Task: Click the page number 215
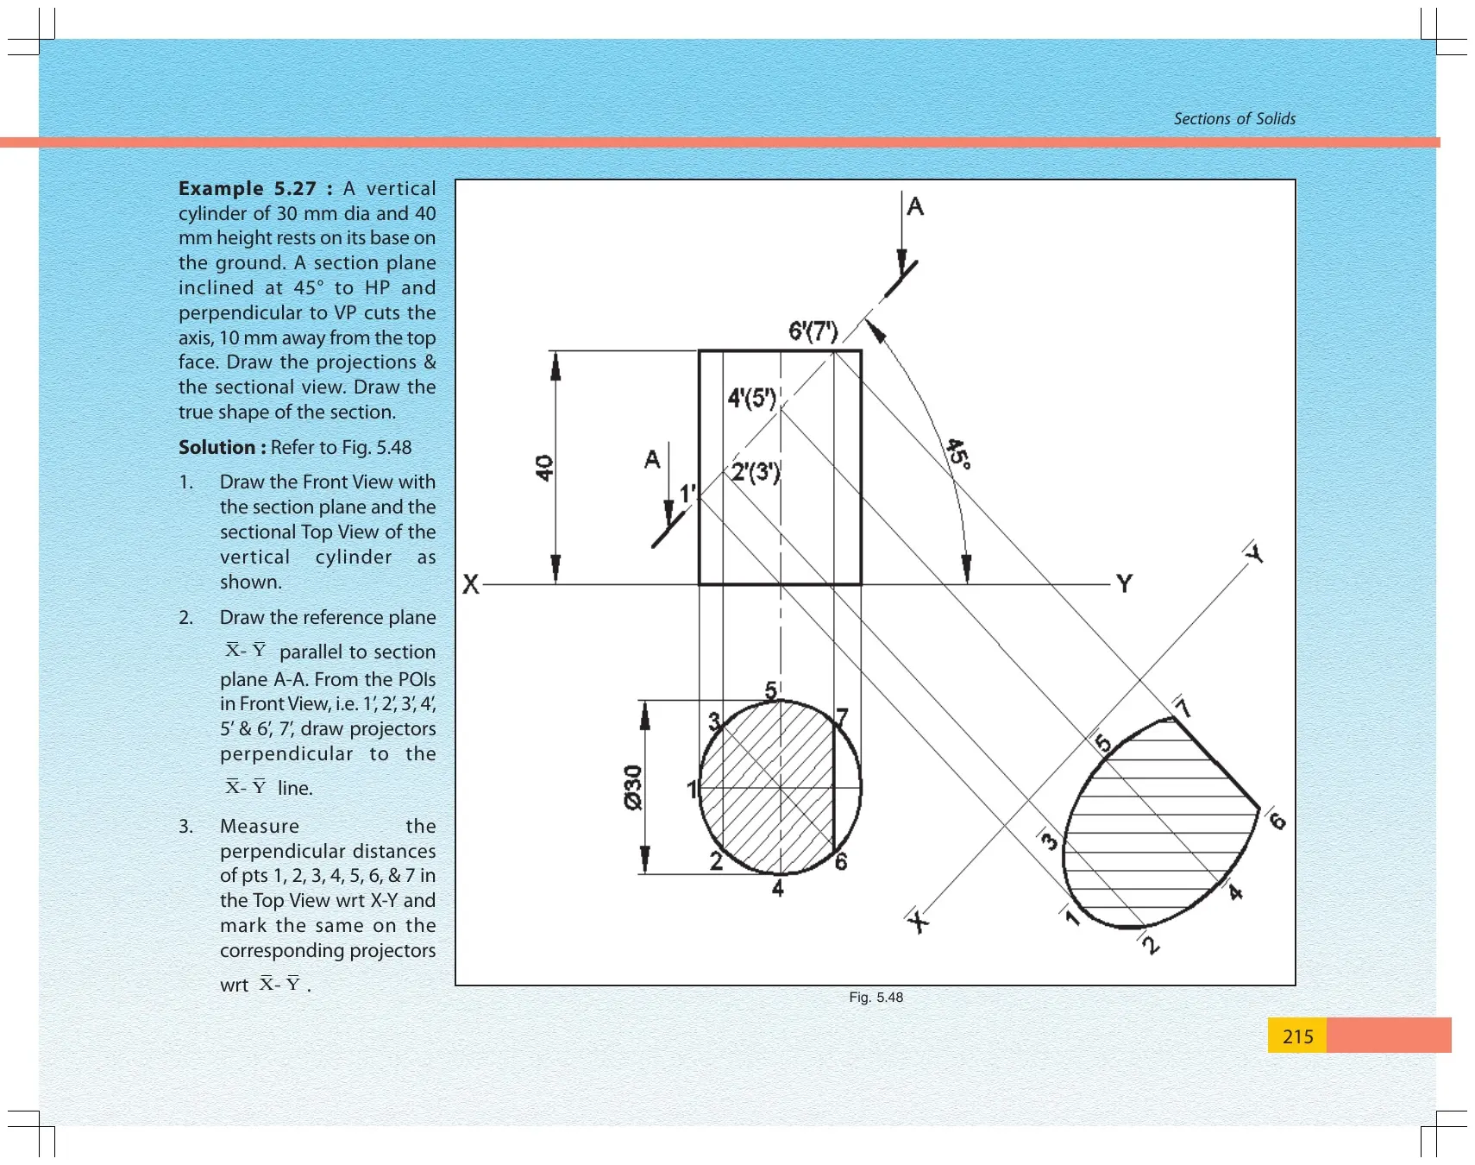pos(1297,1036)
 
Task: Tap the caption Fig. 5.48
pos(876,998)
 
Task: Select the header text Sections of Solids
pos(1234,119)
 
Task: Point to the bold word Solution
pos(217,447)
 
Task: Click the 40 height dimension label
pos(544,468)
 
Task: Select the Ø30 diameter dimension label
pos(633,788)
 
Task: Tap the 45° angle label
pos(959,453)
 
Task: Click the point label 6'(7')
pos(813,331)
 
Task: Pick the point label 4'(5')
pos(752,398)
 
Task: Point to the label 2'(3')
pos(756,472)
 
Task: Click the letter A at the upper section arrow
pos(915,206)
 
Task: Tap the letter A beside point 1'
pos(652,459)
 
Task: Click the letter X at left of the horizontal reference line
pos(471,585)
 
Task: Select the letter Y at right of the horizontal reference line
pos(1124,584)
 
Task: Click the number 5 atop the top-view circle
pos(771,690)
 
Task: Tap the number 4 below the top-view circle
pos(778,888)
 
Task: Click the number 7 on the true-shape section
pos(1183,708)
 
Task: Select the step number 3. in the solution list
pos(186,827)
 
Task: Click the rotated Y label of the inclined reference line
pos(1255,553)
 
